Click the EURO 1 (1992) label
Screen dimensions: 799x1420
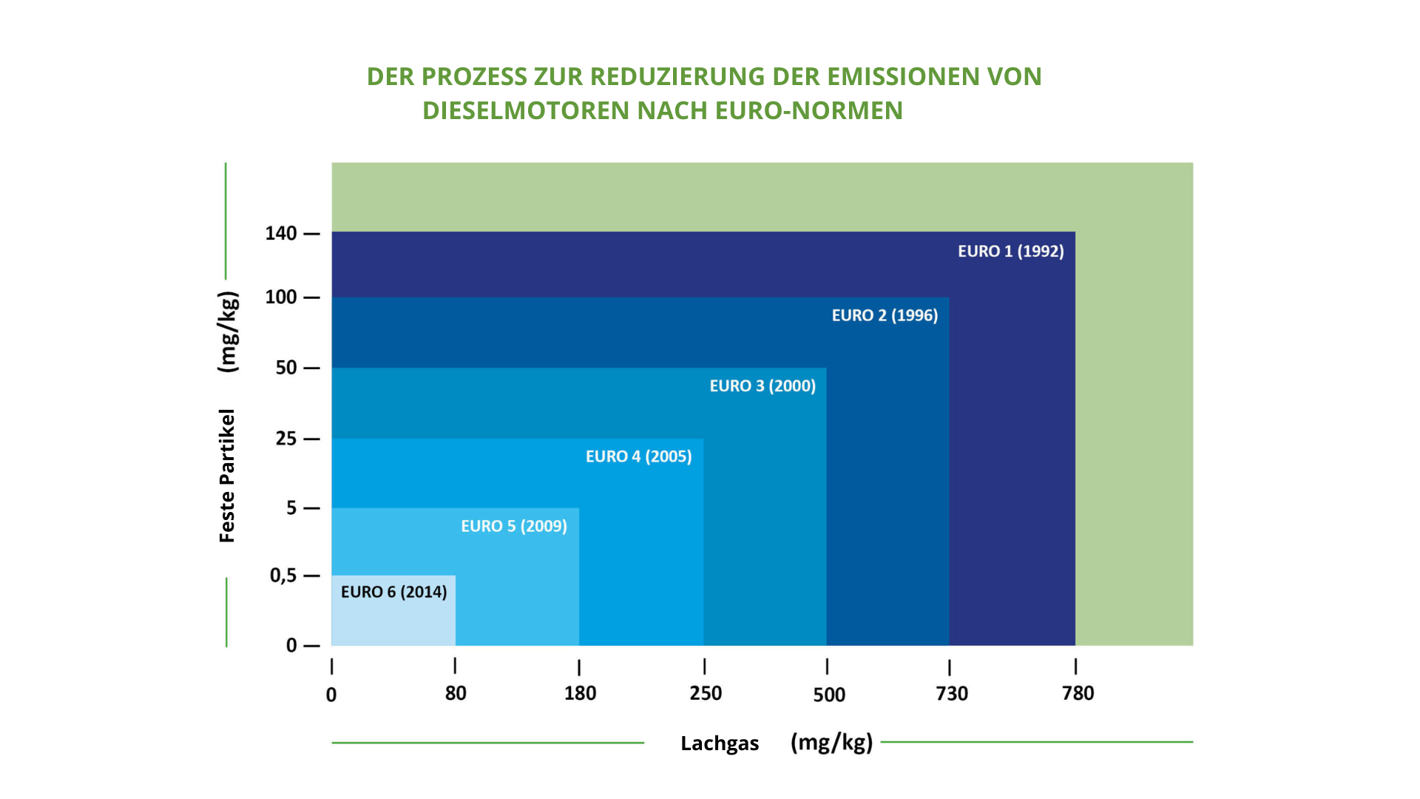pos(1010,252)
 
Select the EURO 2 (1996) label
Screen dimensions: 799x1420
pos(885,316)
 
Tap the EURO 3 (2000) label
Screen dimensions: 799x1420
pos(763,386)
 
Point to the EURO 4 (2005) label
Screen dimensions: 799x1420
pos(638,456)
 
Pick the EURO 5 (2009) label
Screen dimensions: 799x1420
pos(514,526)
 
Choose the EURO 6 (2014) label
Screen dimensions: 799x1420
pos(393,592)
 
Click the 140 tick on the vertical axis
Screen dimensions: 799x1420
pos(281,234)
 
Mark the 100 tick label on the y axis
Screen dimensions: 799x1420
pos(281,297)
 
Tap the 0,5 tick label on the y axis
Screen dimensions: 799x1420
pos(283,576)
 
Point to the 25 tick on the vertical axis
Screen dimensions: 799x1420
pos(286,439)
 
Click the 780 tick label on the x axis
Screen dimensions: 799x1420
pos(1078,694)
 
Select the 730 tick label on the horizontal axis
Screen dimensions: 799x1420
pos(952,694)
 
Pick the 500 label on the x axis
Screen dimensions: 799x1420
pos(829,695)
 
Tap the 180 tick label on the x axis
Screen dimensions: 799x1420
pos(580,694)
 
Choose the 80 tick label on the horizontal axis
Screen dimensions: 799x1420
pos(456,694)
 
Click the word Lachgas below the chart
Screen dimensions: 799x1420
pos(720,744)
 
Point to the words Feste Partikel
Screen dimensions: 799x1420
pos(227,476)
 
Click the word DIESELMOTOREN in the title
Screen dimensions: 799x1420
pos(526,111)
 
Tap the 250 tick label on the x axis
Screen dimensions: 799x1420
pos(706,694)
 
